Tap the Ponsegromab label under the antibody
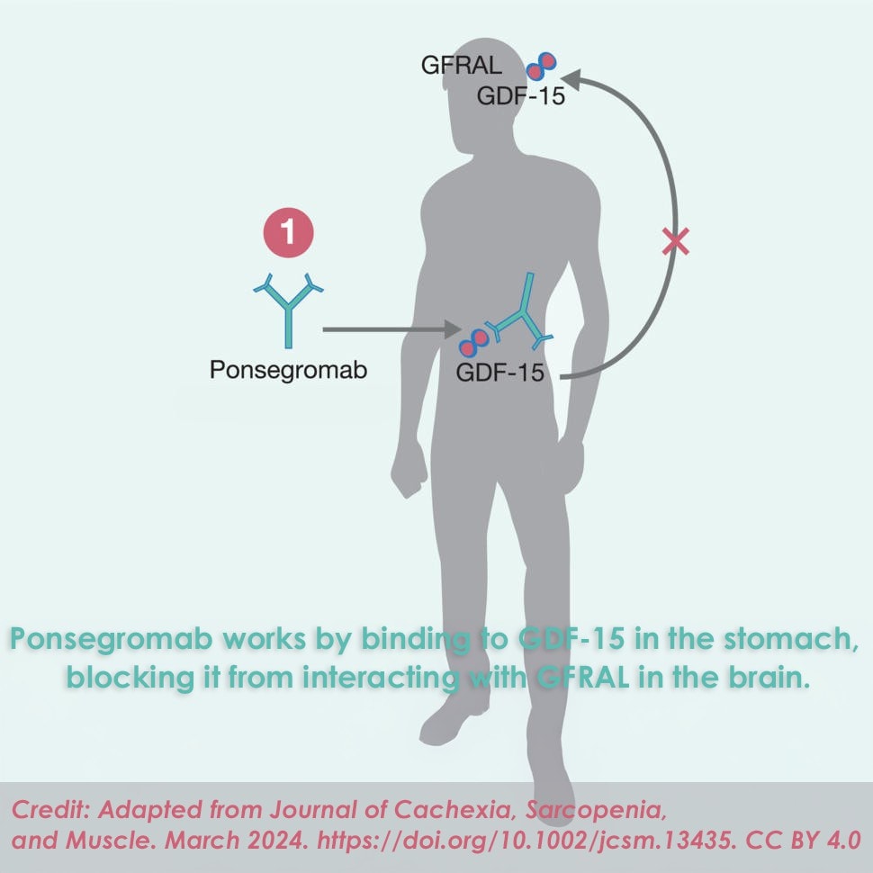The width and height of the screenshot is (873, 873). point(288,370)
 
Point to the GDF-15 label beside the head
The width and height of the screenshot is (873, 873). point(521,96)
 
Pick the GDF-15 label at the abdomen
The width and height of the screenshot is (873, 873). point(500,373)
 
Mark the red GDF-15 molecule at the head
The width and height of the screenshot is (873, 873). point(539,65)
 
